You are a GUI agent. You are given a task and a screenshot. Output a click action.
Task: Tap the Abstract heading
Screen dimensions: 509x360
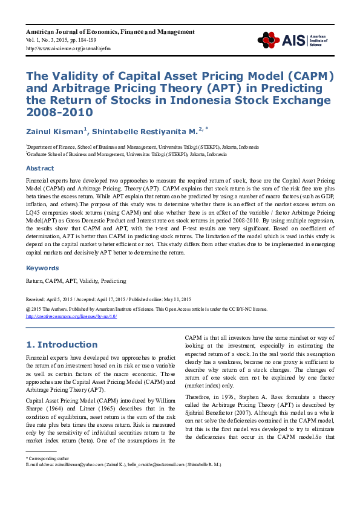click(39, 168)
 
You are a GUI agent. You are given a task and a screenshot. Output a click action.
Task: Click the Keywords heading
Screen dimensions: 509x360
click(42, 268)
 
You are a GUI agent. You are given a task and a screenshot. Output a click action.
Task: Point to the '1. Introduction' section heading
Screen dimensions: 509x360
click(62, 345)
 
